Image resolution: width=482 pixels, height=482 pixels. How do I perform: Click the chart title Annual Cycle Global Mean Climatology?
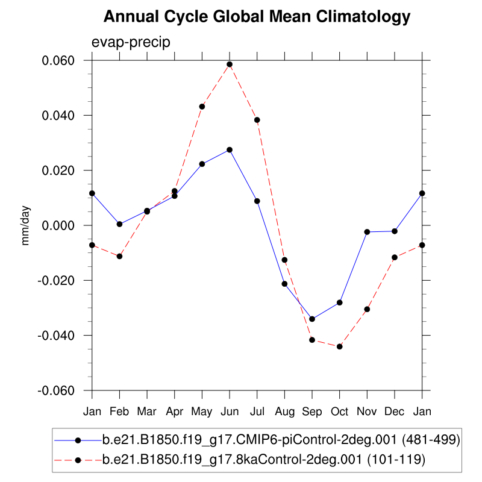point(257,17)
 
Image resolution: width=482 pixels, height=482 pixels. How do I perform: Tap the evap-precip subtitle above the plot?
point(131,43)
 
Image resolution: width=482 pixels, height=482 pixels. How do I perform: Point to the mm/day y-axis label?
point(25,226)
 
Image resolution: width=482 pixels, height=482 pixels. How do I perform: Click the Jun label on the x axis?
point(230,412)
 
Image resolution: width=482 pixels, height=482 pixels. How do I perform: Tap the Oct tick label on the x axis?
point(340,412)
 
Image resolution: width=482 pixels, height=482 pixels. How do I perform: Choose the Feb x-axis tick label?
point(119,412)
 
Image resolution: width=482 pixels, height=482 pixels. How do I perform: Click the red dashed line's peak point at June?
point(230,64)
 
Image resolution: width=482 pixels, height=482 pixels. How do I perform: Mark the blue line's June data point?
point(230,149)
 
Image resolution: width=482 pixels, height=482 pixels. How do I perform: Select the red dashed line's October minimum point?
point(340,346)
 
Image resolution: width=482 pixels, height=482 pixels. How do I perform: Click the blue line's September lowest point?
point(312,319)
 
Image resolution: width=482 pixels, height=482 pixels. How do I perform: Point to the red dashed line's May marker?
point(202,107)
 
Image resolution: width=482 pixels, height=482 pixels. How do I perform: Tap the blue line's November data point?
point(367,231)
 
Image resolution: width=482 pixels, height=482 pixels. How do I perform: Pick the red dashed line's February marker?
point(119,257)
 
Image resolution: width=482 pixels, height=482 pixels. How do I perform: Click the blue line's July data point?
point(257,201)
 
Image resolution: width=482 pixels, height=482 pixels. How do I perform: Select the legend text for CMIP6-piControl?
point(281,440)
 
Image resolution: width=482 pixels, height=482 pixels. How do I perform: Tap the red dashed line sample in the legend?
point(78,460)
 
